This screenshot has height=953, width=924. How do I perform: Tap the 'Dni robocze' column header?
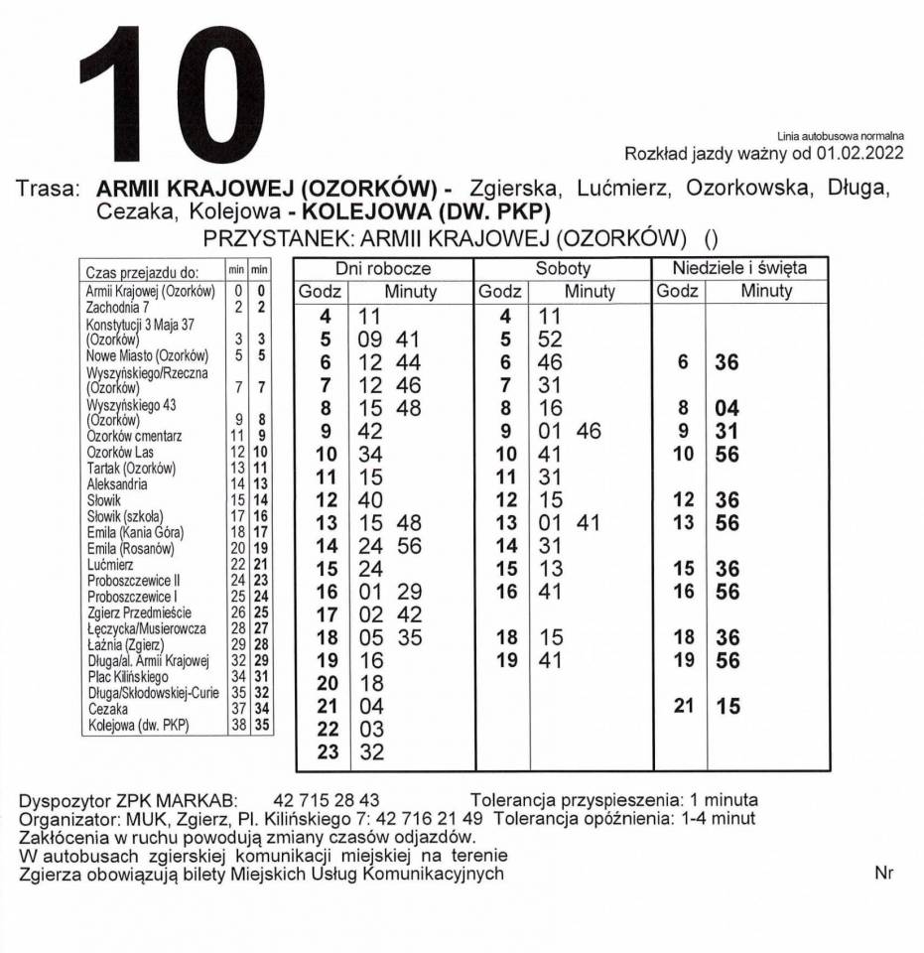[382, 268]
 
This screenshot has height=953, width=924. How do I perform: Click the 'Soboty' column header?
[563, 268]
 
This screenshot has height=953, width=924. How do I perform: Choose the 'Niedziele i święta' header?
[739, 268]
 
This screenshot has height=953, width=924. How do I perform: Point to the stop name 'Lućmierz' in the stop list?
[104, 565]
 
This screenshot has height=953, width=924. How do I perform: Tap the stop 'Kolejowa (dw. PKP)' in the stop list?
[138, 726]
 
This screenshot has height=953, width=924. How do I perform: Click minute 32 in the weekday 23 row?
[370, 752]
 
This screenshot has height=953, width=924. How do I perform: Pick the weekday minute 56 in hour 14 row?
[408, 546]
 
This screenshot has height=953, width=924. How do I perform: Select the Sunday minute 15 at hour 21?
[727, 708]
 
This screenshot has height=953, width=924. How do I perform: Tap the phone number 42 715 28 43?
[326, 800]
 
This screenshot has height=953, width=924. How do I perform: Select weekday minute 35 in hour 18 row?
[408, 637]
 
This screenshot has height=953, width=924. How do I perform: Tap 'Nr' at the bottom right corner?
[884, 874]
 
